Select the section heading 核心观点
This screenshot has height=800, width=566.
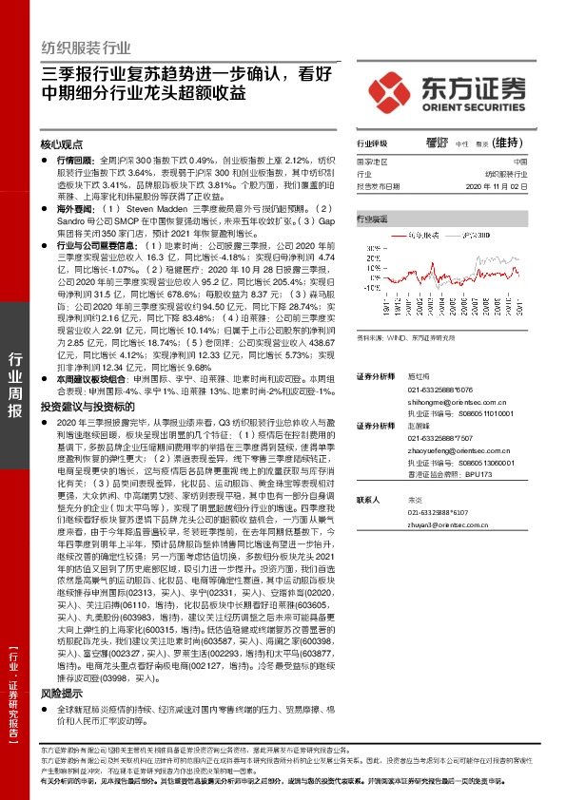62,144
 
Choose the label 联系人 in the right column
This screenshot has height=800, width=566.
368,499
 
